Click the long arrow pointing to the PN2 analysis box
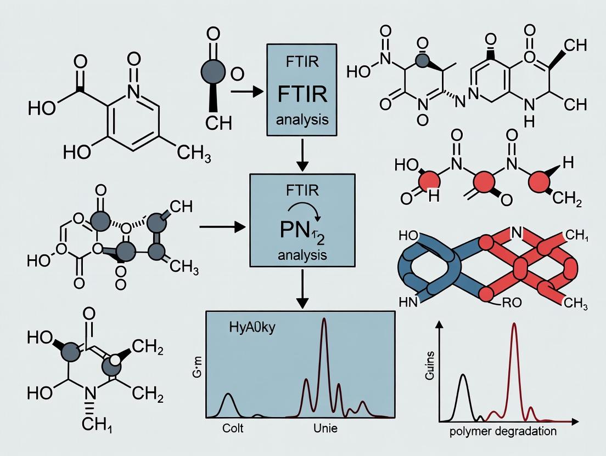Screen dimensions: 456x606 pyautogui.click(x=222, y=226)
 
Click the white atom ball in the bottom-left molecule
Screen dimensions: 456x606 pyautogui.click(x=115, y=360)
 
